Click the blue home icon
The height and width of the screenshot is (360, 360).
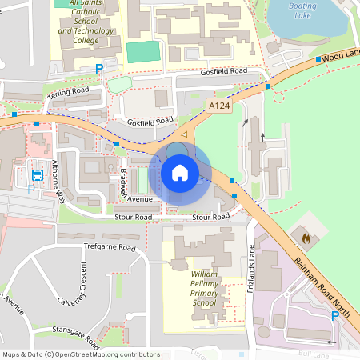(x=179, y=173)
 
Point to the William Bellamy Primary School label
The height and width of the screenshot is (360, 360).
(x=204, y=289)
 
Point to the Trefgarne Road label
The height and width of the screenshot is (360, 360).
(x=110, y=248)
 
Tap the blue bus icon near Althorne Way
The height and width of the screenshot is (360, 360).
(x=38, y=174)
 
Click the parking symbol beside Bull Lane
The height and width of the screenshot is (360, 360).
(x=335, y=317)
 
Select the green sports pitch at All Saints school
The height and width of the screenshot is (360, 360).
(x=143, y=51)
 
